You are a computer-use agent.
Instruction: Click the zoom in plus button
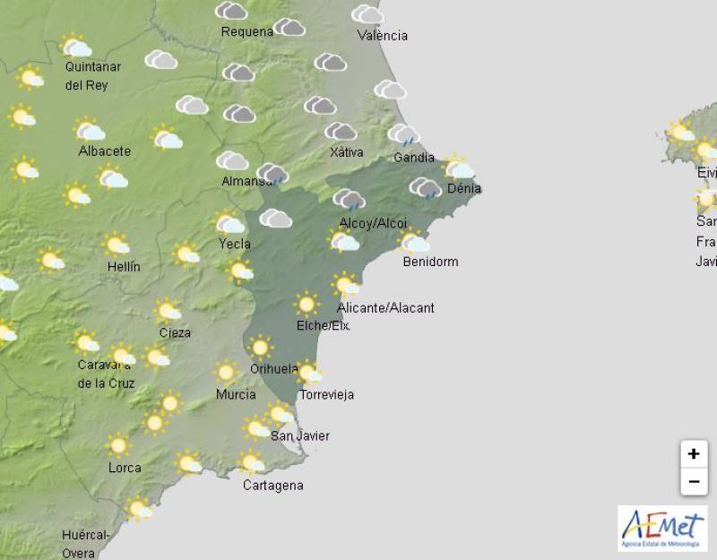pyautogui.click(x=693, y=454)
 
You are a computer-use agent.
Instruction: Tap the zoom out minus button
pyautogui.click(x=693, y=481)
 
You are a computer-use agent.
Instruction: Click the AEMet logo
pyautogui.click(x=662, y=528)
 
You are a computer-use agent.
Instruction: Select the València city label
pyautogui.click(x=382, y=36)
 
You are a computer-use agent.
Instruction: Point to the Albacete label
pyautogui.click(x=104, y=151)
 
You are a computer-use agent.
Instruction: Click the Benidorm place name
pyautogui.click(x=430, y=262)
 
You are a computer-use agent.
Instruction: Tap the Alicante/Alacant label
pyautogui.click(x=385, y=308)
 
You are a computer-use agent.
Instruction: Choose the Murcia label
pyautogui.click(x=236, y=394)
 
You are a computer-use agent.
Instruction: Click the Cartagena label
pyautogui.click(x=272, y=486)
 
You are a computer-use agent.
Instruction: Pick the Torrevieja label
pyautogui.click(x=326, y=394)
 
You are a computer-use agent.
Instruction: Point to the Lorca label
pyautogui.click(x=124, y=468)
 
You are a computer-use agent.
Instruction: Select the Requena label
pyautogui.click(x=247, y=32)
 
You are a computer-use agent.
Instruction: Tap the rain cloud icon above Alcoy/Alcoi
pyautogui.click(x=350, y=200)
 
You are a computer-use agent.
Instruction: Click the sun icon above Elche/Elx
pyautogui.click(x=307, y=305)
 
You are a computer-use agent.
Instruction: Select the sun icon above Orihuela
pyautogui.click(x=260, y=347)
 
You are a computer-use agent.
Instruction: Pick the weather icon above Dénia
pyautogui.click(x=459, y=168)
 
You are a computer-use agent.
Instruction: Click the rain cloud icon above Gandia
pyautogui.click(x=404, y=135)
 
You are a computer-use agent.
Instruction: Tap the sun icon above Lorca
pyautogui.click(x=118, y=444)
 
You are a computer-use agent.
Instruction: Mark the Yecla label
pyautogui.click(x=234, y=244)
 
